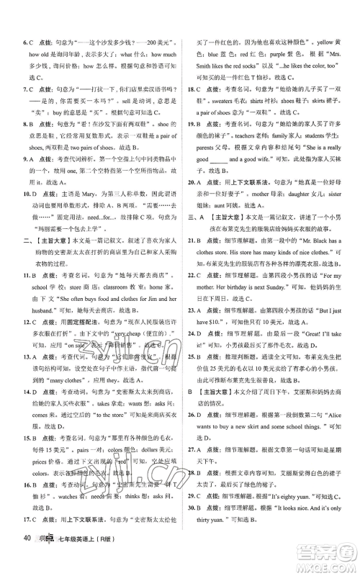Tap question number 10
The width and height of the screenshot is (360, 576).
click(x=28, y=213)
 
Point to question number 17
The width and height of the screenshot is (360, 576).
click(x=28, y=535)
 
